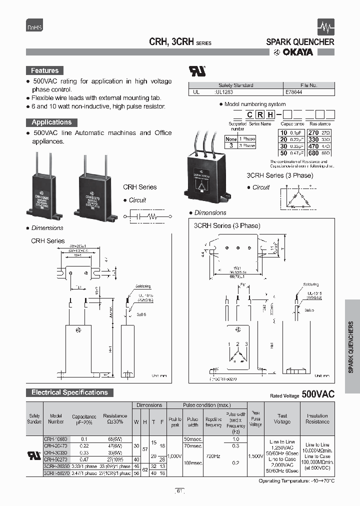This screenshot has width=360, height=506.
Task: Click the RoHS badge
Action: point(34,28)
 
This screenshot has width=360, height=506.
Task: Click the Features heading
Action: point(45,71)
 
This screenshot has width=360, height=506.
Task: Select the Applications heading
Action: point(51,122)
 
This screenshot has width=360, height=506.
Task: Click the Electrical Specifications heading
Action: point(70,392)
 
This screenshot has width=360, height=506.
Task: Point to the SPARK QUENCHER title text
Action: point(300,42)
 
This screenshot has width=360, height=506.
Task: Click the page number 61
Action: point(180,491)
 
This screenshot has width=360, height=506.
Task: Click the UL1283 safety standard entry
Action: point(224,92)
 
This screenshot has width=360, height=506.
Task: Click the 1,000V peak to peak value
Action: point(175,456)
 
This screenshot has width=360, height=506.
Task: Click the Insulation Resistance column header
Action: point(317,418)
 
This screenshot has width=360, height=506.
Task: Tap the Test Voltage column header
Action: point(282,418)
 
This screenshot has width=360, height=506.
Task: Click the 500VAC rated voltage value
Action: point(318,394)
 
